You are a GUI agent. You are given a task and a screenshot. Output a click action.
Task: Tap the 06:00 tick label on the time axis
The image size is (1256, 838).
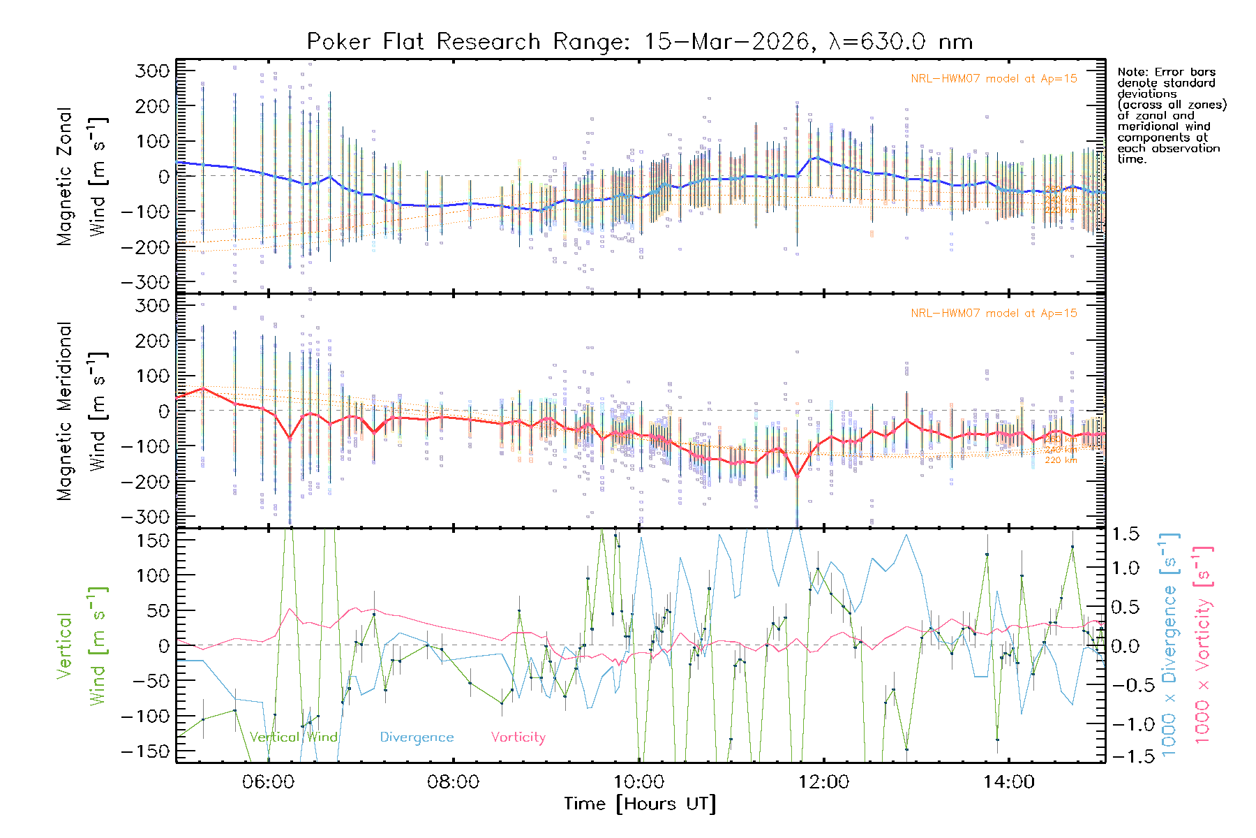(x=268, y=782)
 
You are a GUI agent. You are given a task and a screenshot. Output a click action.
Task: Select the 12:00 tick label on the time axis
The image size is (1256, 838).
(x=824, y=782)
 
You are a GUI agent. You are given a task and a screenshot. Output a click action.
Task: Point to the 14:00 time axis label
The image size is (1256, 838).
(x=1009, y=782)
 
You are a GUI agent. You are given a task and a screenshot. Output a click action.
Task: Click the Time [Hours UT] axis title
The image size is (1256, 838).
(x=640, y=804)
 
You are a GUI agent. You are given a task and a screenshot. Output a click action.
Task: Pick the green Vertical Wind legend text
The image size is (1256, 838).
(x=293, y=737)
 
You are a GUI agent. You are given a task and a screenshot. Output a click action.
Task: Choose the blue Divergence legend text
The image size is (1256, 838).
(x=417, y=737)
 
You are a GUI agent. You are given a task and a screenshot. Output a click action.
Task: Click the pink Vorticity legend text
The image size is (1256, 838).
(x=518, y=737)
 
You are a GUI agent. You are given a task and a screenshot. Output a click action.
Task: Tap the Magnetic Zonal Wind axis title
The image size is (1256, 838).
(x=82, y=176)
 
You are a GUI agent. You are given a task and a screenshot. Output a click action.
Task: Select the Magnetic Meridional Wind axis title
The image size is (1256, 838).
(x=82, y=411)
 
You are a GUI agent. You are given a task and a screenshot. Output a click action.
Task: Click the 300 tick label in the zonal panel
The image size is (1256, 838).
(x=152, y=71)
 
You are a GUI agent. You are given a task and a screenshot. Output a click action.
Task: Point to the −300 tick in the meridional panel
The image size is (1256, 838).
(x=145, y=517)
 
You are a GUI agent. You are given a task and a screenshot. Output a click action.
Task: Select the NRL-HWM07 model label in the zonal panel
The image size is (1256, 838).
(x=994, y=79)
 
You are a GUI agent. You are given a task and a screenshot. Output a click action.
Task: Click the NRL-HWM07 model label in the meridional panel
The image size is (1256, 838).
(x=994, y=314)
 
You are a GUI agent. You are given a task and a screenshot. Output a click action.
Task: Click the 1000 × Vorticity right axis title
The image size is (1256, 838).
(x=1203, y=645)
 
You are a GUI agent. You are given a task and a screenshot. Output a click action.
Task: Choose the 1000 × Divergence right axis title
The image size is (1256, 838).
(x=1169, y=645)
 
